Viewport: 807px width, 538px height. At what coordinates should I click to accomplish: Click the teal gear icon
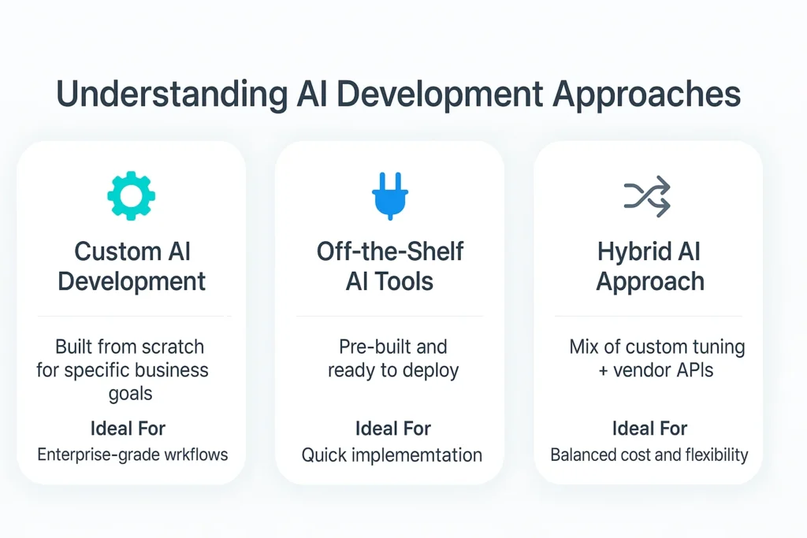[131, 195]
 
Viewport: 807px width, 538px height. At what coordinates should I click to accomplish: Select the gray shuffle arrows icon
[647, 196]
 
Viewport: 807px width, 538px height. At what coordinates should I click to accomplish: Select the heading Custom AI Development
[132, 266]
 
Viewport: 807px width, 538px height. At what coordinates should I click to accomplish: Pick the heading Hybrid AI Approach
[649, 266]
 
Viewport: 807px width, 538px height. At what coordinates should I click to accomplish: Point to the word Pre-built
[370, 347]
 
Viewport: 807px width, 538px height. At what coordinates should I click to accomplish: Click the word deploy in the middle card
[432, 369]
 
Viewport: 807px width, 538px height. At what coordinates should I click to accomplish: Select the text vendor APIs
[664, 369]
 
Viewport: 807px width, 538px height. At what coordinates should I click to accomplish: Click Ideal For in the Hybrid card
[649, 429]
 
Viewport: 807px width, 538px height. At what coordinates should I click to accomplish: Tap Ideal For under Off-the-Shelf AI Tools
[392, 429]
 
